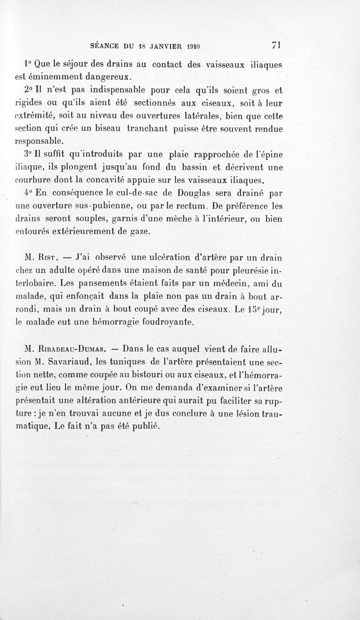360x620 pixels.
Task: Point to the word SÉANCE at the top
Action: [105, 46]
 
